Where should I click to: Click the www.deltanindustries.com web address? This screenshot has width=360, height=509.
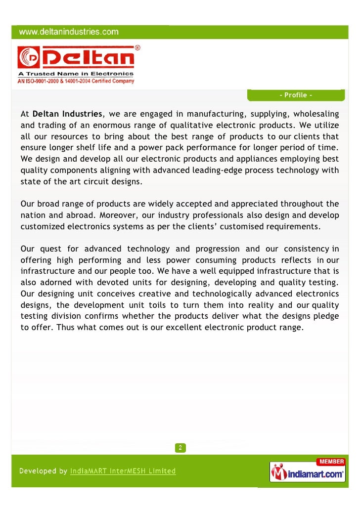pyautogui.click(x=69, y=33)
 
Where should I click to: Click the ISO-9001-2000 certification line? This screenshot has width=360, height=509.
pyautogui.click(x=76, y=82)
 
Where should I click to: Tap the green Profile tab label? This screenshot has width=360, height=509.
pyautogui.click(x=295, y=95)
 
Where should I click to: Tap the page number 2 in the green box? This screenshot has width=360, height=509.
pyautogui.click(x=180, y=448)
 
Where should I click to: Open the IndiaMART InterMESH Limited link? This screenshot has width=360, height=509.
pyautogui.click(x=123, y=471)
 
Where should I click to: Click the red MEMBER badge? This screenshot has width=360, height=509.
pyautogui.click(x=330, y=462)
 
